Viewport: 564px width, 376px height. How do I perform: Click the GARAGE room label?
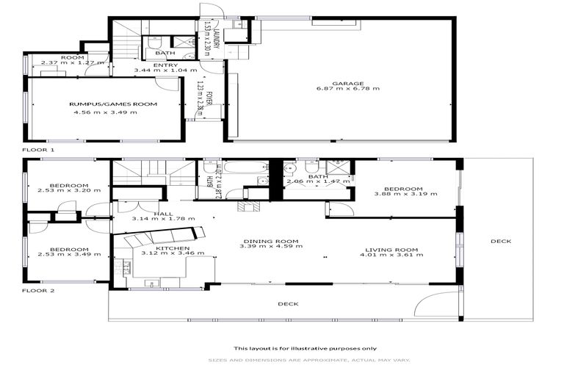[x=344, y=83]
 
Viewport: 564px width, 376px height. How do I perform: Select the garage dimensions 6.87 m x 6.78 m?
[x=344, y=89]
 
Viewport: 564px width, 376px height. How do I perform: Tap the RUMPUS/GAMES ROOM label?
[x=113, y=104]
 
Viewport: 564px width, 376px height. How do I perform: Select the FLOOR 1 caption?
[x=38, y=149]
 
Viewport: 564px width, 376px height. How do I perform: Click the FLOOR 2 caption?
[x=38, y=291]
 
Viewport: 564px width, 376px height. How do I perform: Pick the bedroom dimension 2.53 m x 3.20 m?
[x=69, y=191]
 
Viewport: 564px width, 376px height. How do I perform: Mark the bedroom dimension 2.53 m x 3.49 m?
[x=69, y=255]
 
